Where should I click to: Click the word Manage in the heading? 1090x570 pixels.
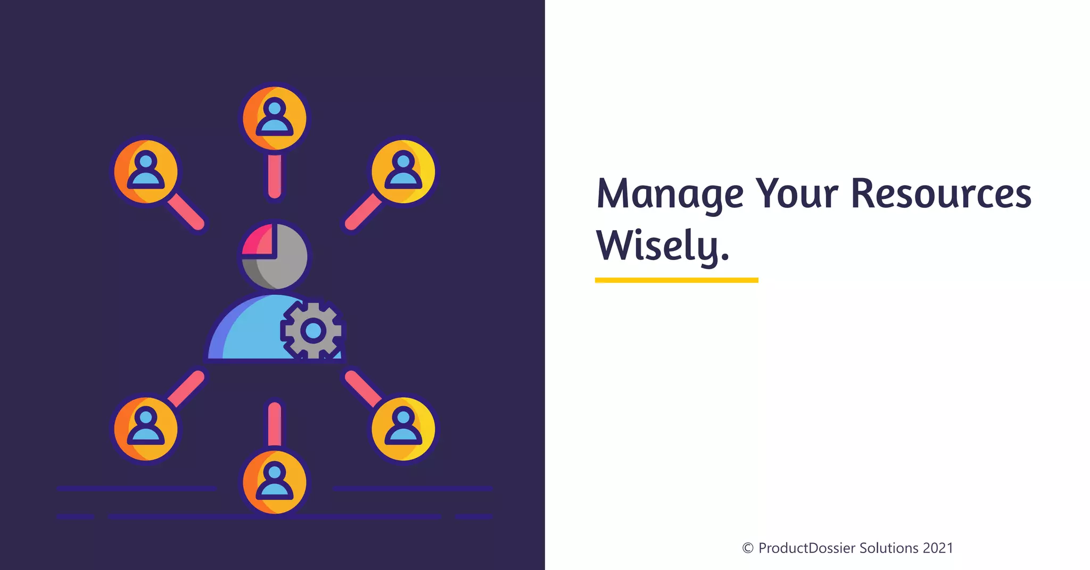tap(670, 194)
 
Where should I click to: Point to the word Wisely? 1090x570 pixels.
tap(662, 246)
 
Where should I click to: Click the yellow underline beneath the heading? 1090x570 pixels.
tap(676, 280)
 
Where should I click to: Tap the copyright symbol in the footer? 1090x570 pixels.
tap(748, 548)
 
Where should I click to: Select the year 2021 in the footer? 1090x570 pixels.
tap(938, 548)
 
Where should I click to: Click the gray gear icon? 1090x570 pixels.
tap(313, 331)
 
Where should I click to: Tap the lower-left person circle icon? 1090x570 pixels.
tap(146, 429)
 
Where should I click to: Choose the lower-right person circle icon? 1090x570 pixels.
tap(403, 429)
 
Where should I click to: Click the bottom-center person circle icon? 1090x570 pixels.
tap(275, 482)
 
